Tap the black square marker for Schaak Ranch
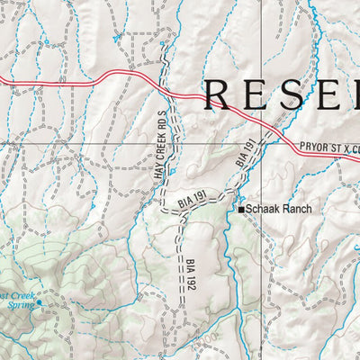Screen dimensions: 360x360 [241, 210]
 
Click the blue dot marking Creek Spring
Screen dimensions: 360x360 [39, 303]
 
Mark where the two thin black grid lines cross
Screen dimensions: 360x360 [268, 142]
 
